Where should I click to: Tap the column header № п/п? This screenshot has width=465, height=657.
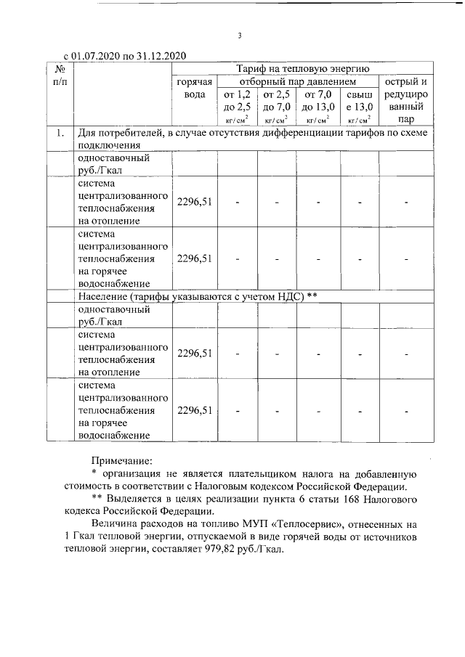(x=60, y=74)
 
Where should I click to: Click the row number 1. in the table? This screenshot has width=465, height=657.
(x=60, y=134)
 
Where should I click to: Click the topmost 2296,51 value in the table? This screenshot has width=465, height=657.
(x=195, y=202)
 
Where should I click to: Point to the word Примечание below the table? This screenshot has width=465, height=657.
(x=122, y=460)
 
